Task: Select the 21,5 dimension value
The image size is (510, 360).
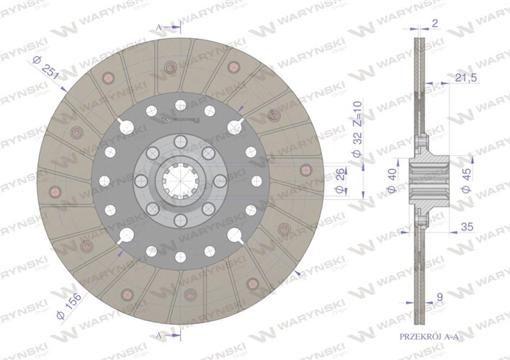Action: coord(466,77)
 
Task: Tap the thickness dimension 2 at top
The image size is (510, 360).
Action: coord(434,22)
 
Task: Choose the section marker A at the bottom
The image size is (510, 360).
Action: coord(159,336)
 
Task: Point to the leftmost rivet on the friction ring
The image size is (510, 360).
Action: coord(55,191)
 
